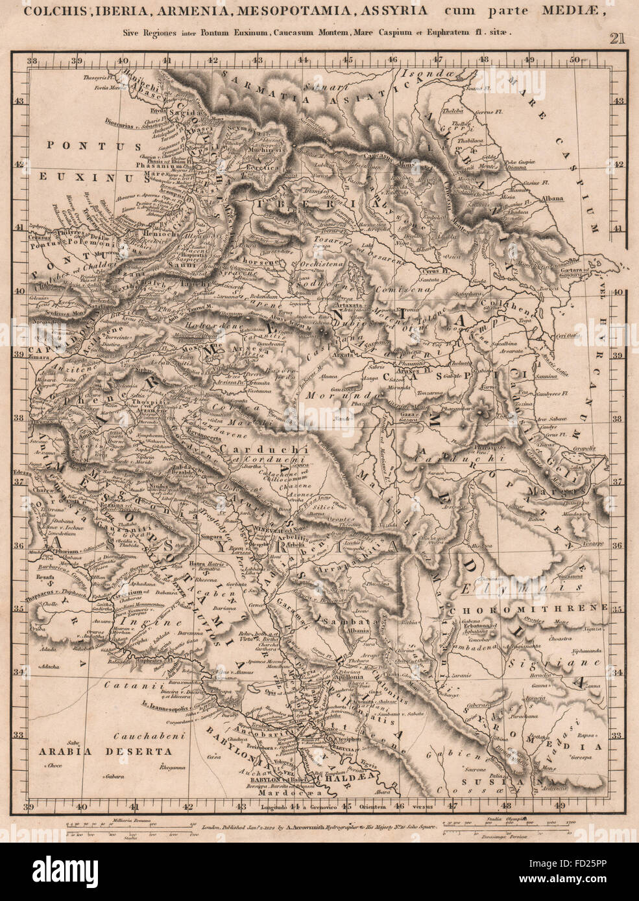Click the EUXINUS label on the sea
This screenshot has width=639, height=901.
coord(77,176)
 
